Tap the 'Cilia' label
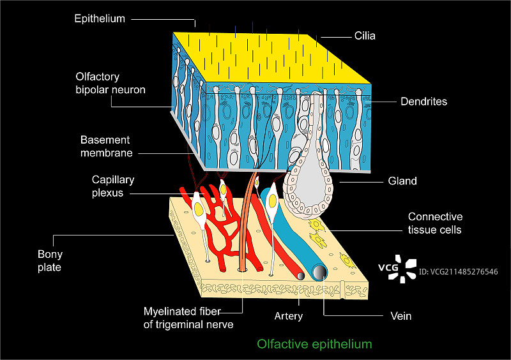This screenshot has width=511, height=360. point(365,36)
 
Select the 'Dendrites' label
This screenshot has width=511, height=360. point(423,101)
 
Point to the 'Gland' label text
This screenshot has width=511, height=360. point(402,181)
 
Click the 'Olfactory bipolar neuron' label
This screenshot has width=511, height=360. point(110,84)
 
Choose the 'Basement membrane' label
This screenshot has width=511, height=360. point(106,146)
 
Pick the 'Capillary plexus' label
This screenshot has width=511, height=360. point(113,186)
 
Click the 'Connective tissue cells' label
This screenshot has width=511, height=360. point(435,223)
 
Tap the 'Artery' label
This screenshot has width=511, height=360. point(288,316)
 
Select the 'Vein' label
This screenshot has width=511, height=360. point(400,316)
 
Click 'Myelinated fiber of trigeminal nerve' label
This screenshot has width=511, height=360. point(188,317)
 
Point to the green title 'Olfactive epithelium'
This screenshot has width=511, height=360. point(314,344)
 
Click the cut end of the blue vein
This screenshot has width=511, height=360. point(319,273)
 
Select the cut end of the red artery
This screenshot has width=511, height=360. point(299,276)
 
